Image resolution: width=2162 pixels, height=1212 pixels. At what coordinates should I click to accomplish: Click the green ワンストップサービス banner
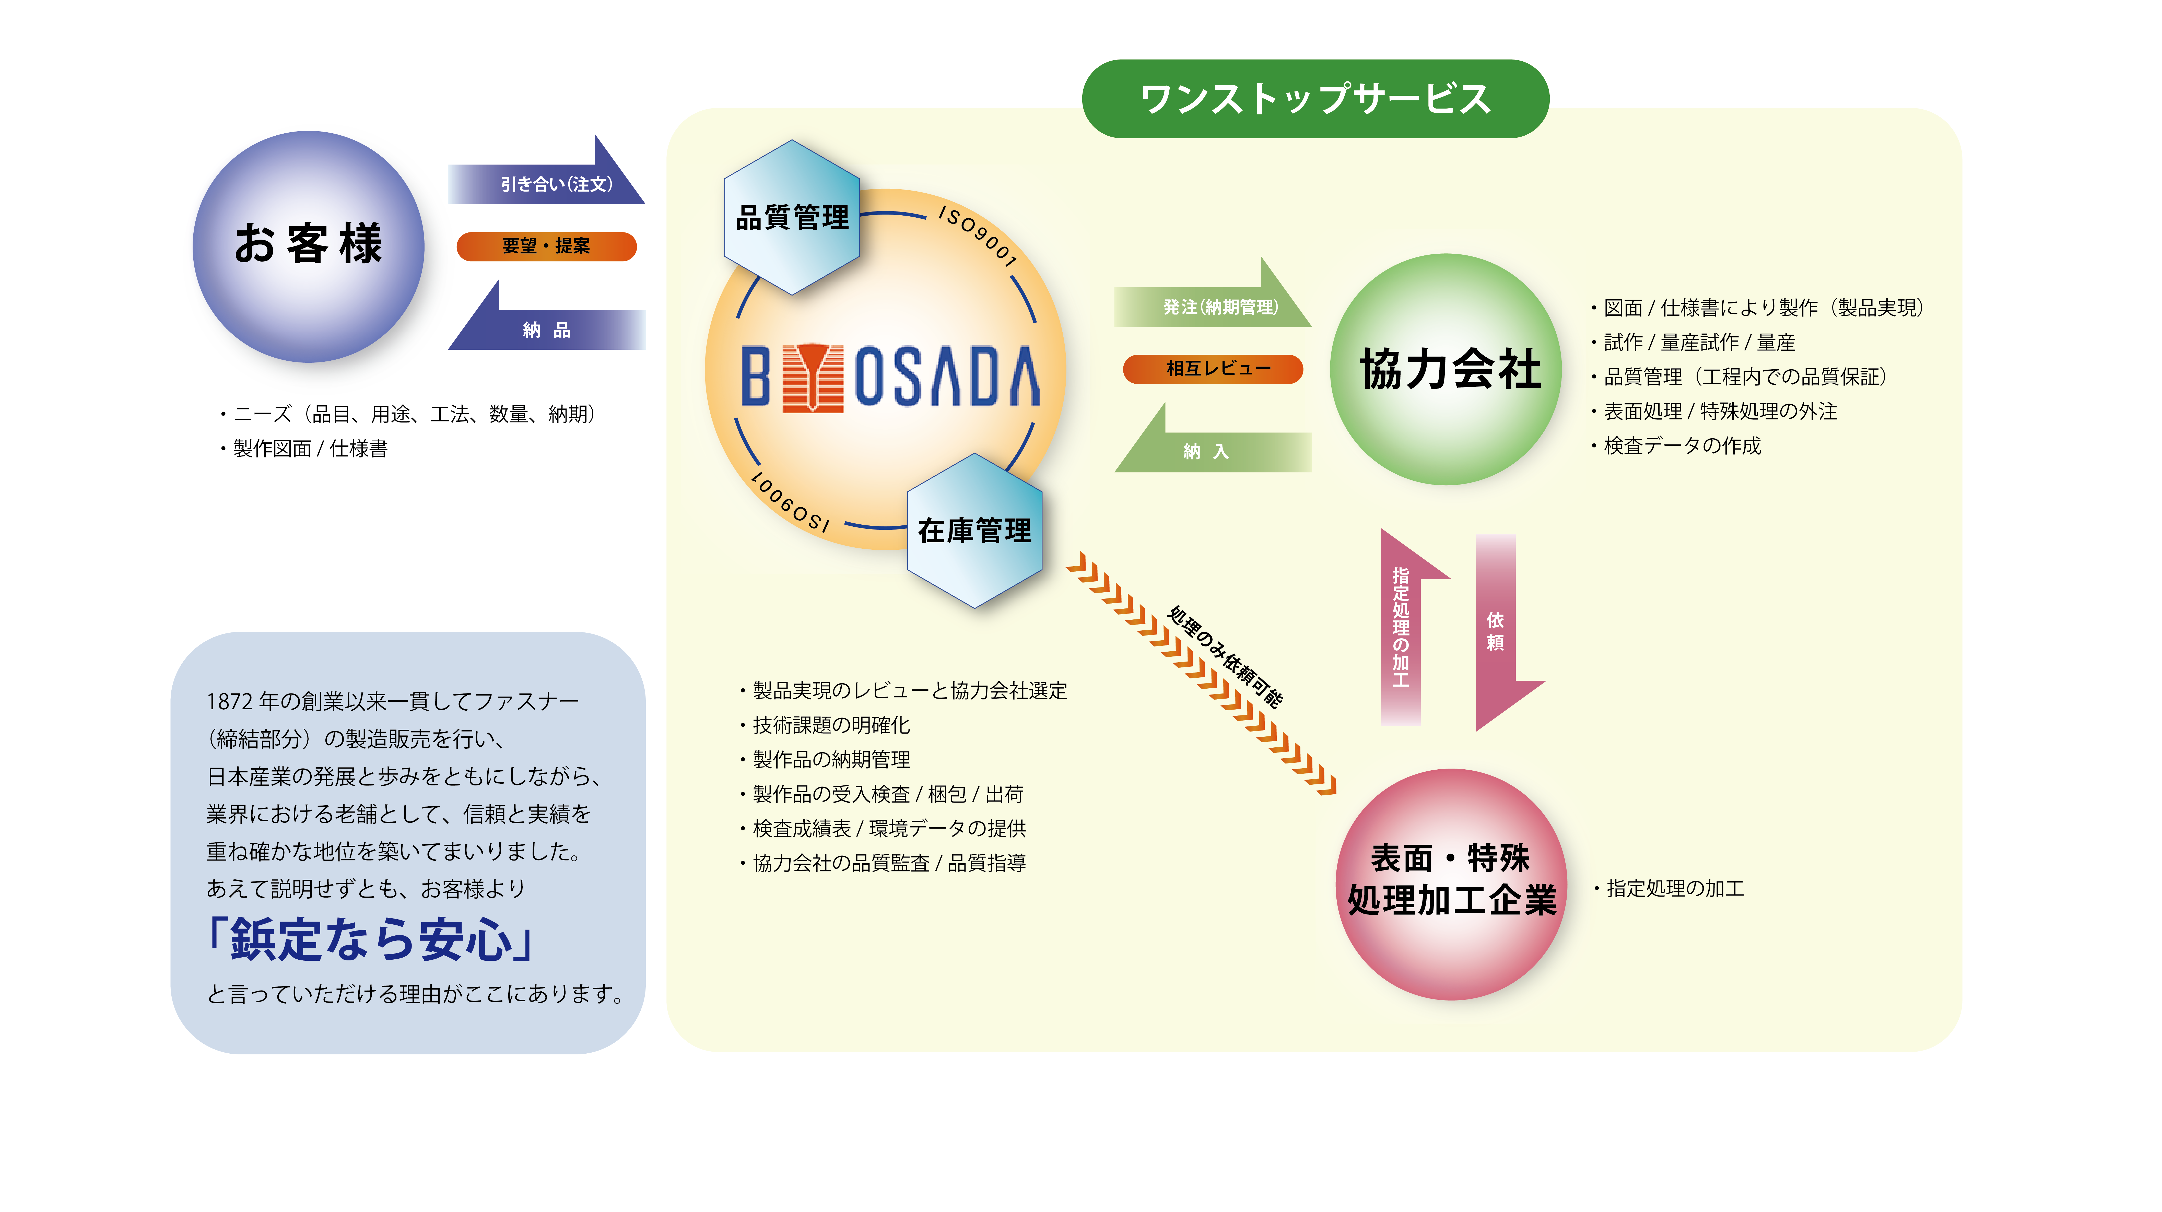point(1315,98)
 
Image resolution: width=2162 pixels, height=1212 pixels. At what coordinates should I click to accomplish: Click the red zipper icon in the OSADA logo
point(813,377)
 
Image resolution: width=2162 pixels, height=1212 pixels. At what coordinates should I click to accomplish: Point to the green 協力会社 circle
point(1446,369)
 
